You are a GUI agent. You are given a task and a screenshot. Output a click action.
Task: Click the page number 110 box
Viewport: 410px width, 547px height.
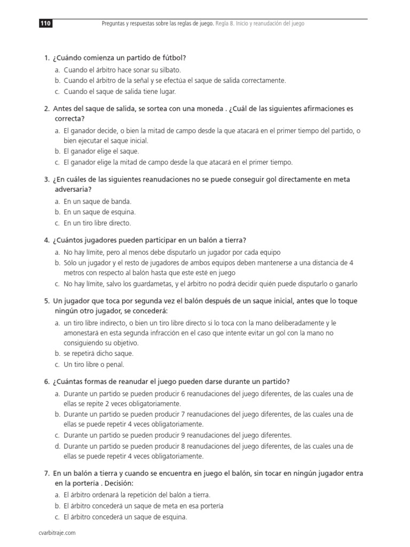[x=45, y=24]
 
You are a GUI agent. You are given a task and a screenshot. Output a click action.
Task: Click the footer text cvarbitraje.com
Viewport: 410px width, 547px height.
[x=58, y=533]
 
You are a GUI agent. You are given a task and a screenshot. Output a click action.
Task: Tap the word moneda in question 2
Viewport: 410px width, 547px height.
[x=210, y=108]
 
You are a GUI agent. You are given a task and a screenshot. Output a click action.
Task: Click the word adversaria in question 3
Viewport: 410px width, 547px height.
[x=73, y=189]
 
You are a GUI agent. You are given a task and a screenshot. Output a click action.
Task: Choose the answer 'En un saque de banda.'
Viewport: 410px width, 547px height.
[x=97, y=201]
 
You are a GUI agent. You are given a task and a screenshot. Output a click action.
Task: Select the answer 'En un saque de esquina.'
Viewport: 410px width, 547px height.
[x=100, y=212]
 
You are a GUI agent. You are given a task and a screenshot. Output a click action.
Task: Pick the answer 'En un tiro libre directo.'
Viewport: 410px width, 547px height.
[x=97, y=223]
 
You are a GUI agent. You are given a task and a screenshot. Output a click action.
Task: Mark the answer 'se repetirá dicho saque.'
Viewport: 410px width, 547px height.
[x=98, y=354]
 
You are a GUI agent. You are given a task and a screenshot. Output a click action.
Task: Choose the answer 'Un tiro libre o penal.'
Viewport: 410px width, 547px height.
[x=93, y=364]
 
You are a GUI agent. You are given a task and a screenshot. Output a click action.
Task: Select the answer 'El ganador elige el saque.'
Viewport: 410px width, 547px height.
[x=101, y=151]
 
